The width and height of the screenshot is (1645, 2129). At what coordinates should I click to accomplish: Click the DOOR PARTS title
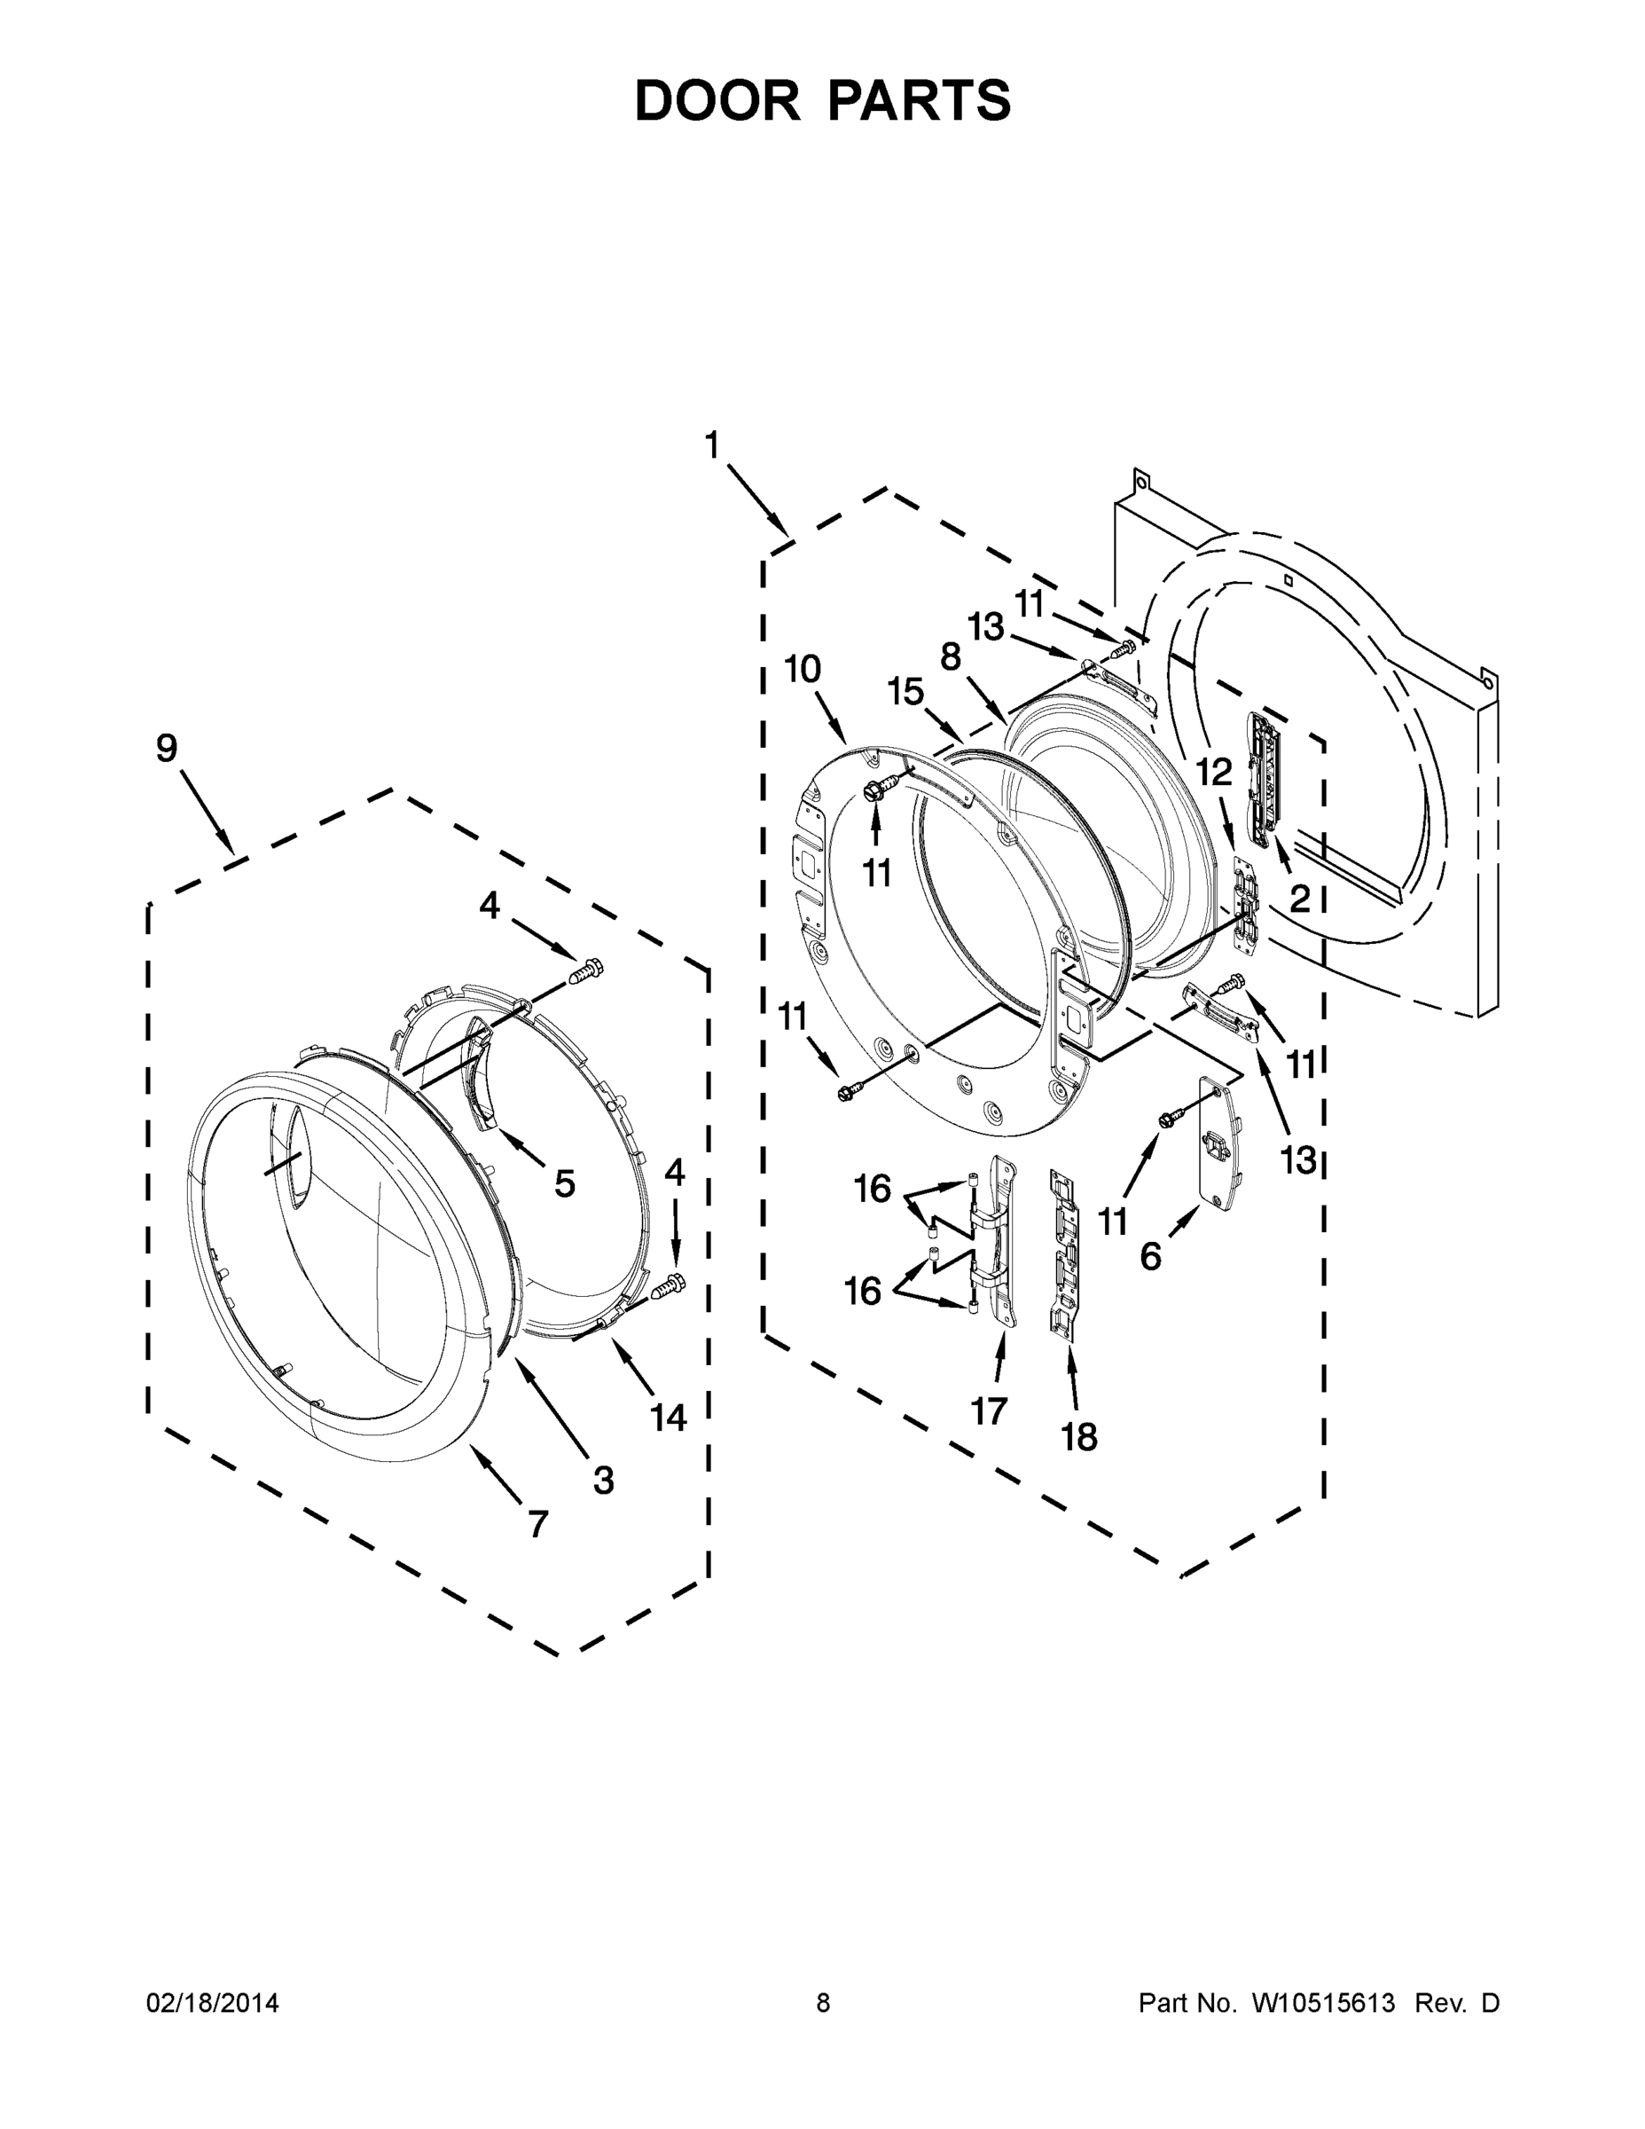pyautogui.click(x=823, y=100)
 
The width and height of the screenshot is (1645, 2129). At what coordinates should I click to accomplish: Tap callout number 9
pyautogui.click(x=168, y=748)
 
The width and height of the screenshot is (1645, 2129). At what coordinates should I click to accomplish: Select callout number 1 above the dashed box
pyautogui.click(x=712, y=445)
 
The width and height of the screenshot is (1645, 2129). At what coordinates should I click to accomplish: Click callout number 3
pyautogui.click(x=604, y=1480)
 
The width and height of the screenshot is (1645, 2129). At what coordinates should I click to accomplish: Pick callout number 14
pyautogui.click(x=669, y=1418)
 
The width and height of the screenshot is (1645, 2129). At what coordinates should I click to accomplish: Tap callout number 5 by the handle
pyautogui.click(x=565, y=1183)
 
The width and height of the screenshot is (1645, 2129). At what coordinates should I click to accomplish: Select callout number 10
pyautogui.click(x=803, y=669)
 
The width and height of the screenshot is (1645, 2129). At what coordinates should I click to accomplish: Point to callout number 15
pyautogui.click(x=905, y=692)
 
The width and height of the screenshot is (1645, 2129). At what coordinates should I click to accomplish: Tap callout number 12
pyautogui.click(x=1214, y=772)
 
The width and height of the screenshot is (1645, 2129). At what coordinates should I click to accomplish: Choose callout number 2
pyautogui.click(x=1300, y=899)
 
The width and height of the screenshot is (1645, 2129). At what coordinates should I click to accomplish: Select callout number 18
pyautogui.click(x=1080, y=1436)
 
